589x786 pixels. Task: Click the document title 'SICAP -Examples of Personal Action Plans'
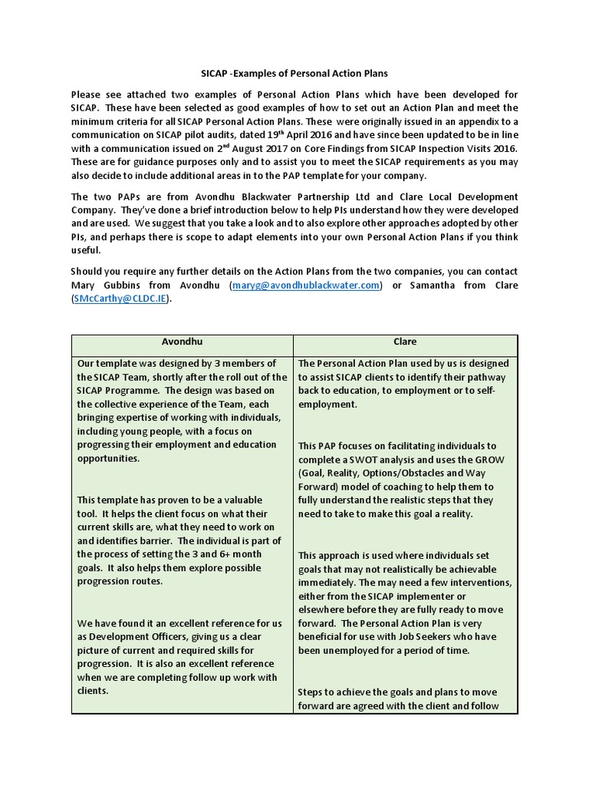pos(294,73)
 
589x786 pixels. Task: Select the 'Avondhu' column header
pos(182,342)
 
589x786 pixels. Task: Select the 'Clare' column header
pos(405,342)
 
